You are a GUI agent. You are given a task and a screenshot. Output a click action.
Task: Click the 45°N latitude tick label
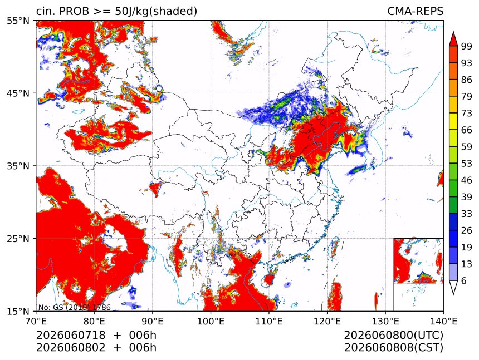18,93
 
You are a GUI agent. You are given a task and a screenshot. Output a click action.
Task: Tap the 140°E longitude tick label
443,321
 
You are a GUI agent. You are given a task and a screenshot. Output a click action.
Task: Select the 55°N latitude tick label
18,21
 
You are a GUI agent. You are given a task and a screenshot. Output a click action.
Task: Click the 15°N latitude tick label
18,312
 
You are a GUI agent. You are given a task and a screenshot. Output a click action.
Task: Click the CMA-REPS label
415,11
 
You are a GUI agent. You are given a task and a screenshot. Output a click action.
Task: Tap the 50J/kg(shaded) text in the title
156,12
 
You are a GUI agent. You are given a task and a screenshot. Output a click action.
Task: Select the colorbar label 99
467,46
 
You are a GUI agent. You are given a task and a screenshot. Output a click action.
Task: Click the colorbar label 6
464,280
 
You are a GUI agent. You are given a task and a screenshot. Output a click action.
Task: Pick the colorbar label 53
467,164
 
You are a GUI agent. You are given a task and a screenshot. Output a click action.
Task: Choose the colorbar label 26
467,231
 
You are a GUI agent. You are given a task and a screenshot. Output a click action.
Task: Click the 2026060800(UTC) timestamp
393,336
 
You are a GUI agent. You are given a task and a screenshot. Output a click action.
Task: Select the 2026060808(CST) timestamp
393,348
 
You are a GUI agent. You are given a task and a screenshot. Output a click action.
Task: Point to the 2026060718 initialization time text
71,335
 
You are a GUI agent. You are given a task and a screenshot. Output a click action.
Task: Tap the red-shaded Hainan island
269,279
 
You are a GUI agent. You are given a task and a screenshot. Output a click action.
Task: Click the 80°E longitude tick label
94,321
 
